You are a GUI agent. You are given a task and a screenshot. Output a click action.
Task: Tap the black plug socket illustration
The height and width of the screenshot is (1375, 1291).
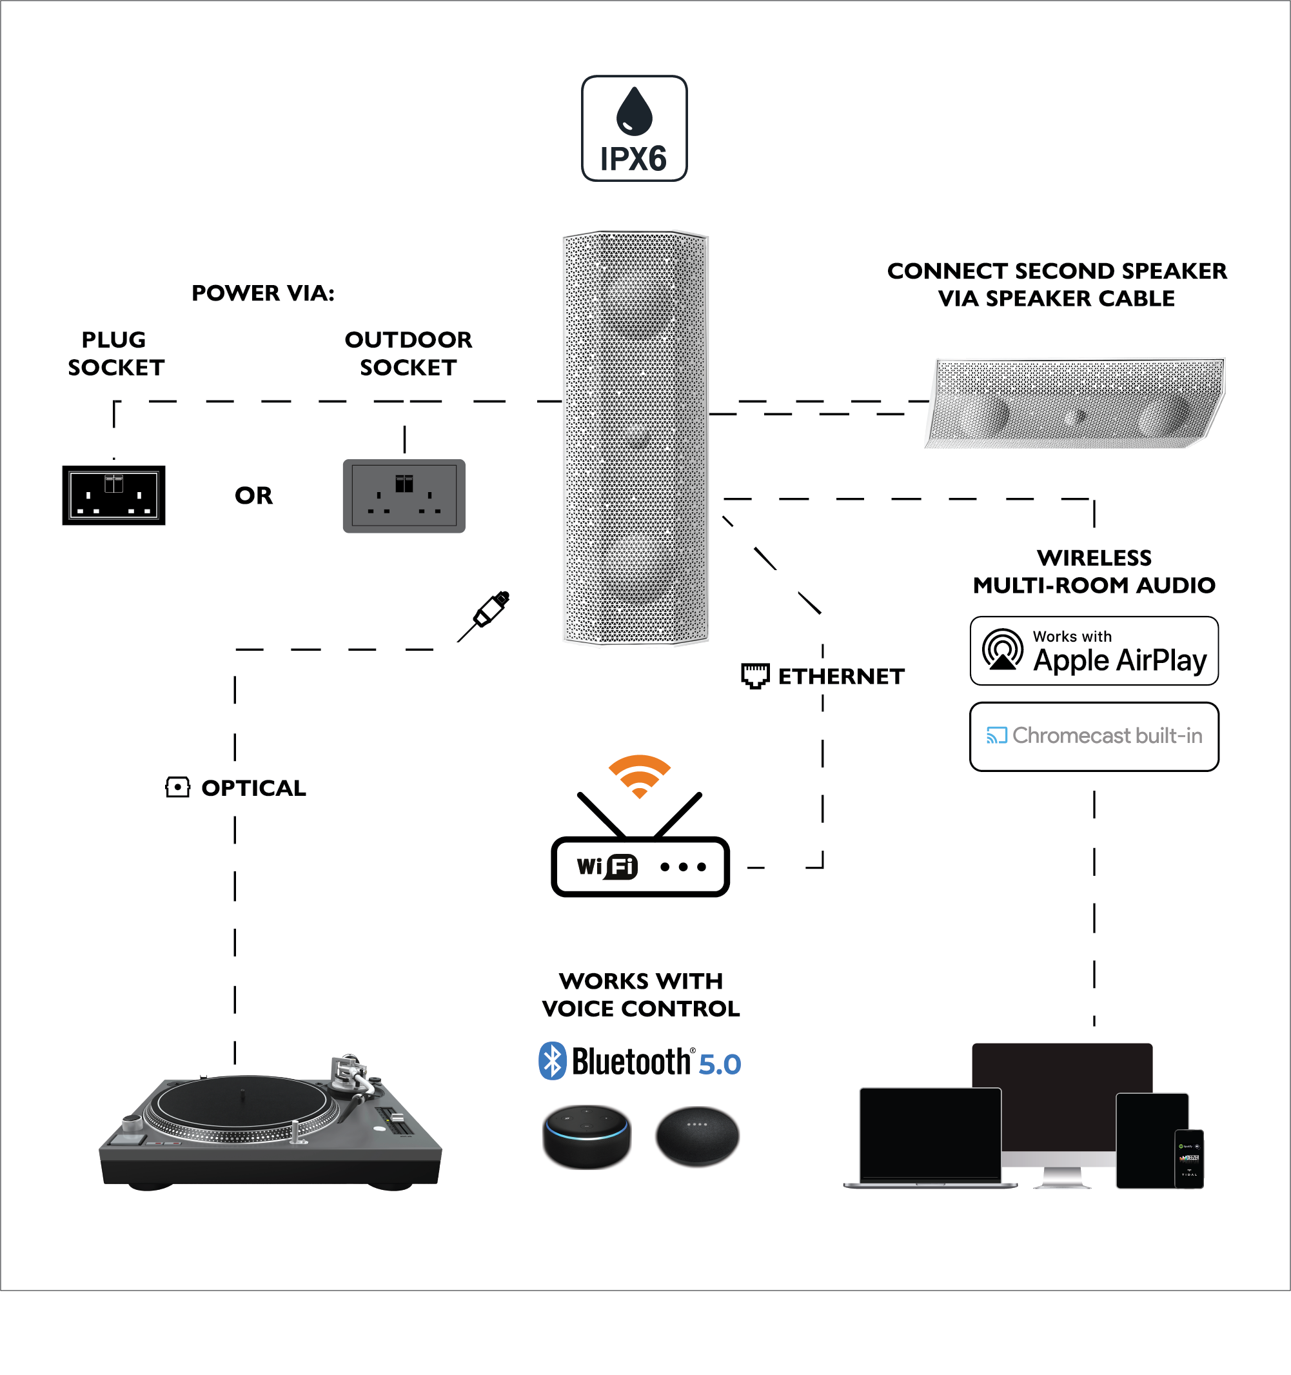pyautogui.click(x=114, y=495)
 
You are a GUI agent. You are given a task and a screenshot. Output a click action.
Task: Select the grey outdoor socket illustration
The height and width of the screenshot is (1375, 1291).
pyautogui.click(x=404, y=496)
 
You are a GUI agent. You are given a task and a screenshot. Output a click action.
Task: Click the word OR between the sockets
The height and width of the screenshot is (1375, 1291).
pyautogui.click(x=254, y=495)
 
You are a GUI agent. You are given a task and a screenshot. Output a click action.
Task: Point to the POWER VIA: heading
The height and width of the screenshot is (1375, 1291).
pyautogui.click(x=262, y=293)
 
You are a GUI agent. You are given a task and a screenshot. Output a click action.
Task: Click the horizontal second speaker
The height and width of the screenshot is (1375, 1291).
pyautogui.click(x=1074, y=404)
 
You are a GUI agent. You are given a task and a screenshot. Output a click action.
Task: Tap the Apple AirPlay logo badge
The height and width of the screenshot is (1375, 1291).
pyautogui.click(x=1094, y=651)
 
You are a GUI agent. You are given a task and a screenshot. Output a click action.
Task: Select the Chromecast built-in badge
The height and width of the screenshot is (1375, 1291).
pyautogui.click(x=1094, y=736)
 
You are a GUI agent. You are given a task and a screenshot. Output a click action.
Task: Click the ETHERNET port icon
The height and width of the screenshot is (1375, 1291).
pyautogui.click(x=755, y=676)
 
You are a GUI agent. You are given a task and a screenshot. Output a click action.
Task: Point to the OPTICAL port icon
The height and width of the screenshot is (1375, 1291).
pyautogui.click(x=178, y=787)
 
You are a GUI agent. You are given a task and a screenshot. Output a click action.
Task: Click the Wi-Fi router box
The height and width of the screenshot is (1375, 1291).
pyautogui.click(x=640, y=866)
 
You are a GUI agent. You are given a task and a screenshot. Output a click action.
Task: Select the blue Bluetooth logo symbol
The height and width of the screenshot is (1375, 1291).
pyautogui.click(x=553, y=1061)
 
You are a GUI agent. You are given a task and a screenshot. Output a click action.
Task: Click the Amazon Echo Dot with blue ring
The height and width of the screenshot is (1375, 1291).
pyautogui.click(x=586, y=1136)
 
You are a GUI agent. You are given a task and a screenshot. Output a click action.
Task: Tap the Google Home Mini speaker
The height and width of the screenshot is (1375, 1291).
pyautogui.click(x=697, y=1136)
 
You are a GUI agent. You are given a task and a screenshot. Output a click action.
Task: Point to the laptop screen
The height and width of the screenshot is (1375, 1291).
pyautogui.click(x=930, y=1133)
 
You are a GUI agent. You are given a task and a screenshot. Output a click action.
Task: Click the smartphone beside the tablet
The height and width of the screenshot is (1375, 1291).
pyautogui.click(x=1189, y=1158)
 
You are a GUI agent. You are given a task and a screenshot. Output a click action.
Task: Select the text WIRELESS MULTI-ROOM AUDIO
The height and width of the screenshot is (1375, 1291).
pyautogui.click(x=1094, y=571)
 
